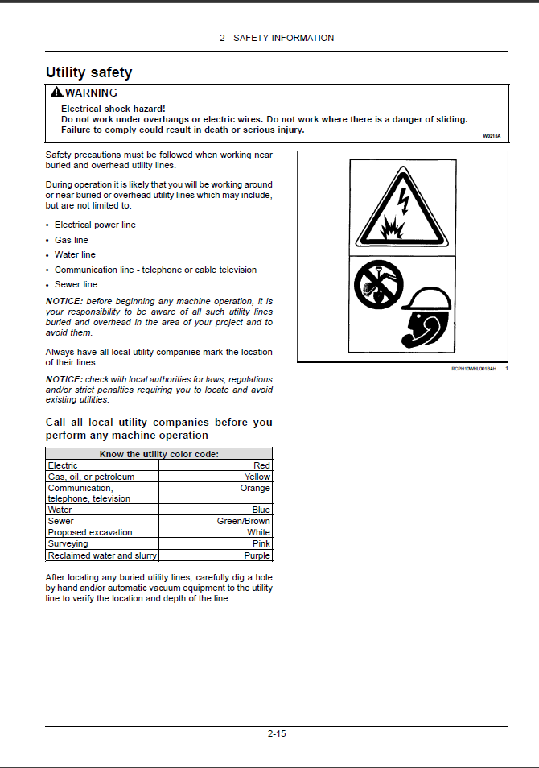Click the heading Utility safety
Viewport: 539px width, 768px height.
(x=88, y=72)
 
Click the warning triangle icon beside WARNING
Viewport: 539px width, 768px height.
(x=56, y=93)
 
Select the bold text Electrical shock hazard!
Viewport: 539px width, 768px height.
(x=113, y=109)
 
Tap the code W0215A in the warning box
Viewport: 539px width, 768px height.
(x=491, y=136)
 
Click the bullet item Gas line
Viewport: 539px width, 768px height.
(x=72, y=240)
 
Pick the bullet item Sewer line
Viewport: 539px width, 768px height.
(x=76, y=284)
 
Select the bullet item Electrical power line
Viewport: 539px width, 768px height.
(x=95, y=225)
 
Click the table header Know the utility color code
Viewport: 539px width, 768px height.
(x=158, y=454)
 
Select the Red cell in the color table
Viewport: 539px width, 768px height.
(x=261, y=465)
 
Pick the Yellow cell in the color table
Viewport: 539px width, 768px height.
(x=257, y=477)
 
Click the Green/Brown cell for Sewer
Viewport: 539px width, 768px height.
(x=244, y=521)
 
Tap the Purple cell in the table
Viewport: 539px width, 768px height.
(x=257, y=555)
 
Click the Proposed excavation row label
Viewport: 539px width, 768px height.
(x=90, y=532)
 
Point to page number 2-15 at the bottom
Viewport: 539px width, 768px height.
(x=277, y=733)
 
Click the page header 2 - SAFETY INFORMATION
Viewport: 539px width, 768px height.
(x=277, y=38)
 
